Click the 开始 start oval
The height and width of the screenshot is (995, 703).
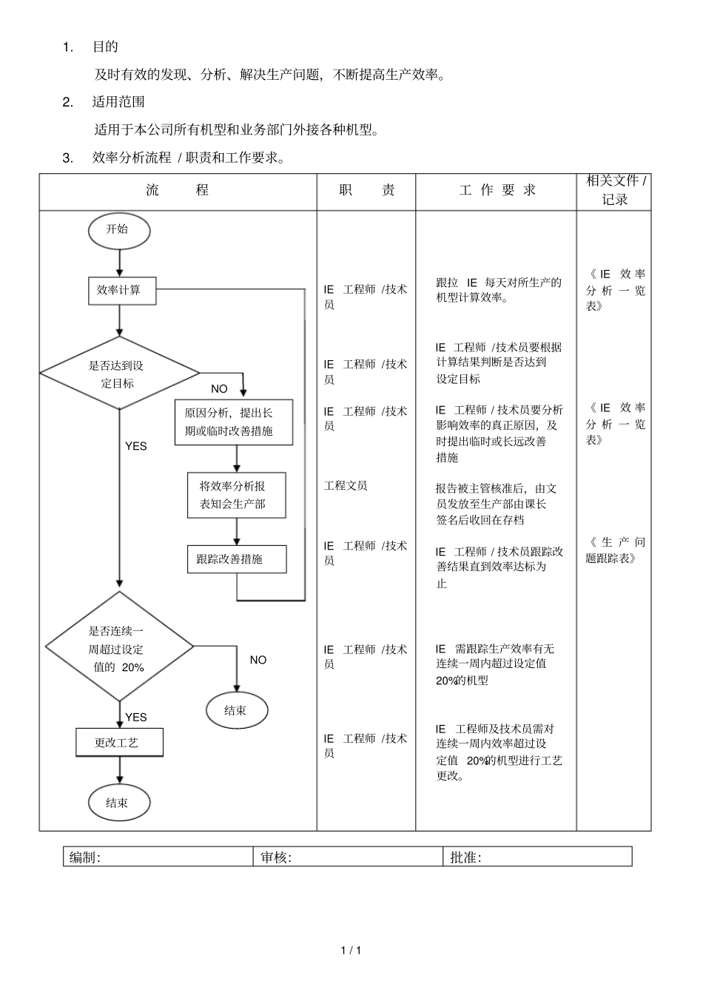tap(118, 230)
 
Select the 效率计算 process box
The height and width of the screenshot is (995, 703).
tap(119, 291)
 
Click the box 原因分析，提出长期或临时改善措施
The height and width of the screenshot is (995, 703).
tap(234, 422)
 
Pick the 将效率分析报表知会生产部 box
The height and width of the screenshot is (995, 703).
tap(236, 495)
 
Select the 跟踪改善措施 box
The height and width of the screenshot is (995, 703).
tap(236, 559)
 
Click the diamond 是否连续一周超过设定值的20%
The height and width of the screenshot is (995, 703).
tap(119, 648)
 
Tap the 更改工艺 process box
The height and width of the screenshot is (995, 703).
tap(119, 742)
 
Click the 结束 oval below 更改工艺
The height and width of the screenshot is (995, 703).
tap(118, 803)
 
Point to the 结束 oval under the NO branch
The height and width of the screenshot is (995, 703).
tap(236, 710)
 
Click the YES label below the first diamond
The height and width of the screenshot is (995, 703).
tap(136, 446)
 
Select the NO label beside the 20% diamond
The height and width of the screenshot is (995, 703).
tap(258, 660)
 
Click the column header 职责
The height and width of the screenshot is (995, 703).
tap(366, 191)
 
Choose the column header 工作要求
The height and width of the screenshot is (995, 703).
tap(497, 191)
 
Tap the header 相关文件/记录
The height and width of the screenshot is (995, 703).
tap(615, 190)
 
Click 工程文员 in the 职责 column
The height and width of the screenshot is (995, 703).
tap(346, 486)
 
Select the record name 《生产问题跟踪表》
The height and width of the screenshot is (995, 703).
tap(615, 550)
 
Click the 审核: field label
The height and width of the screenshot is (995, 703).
tap(275, 857)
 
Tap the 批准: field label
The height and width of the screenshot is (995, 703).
tap(465, 857)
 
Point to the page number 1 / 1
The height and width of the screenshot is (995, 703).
tap(351, 951)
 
